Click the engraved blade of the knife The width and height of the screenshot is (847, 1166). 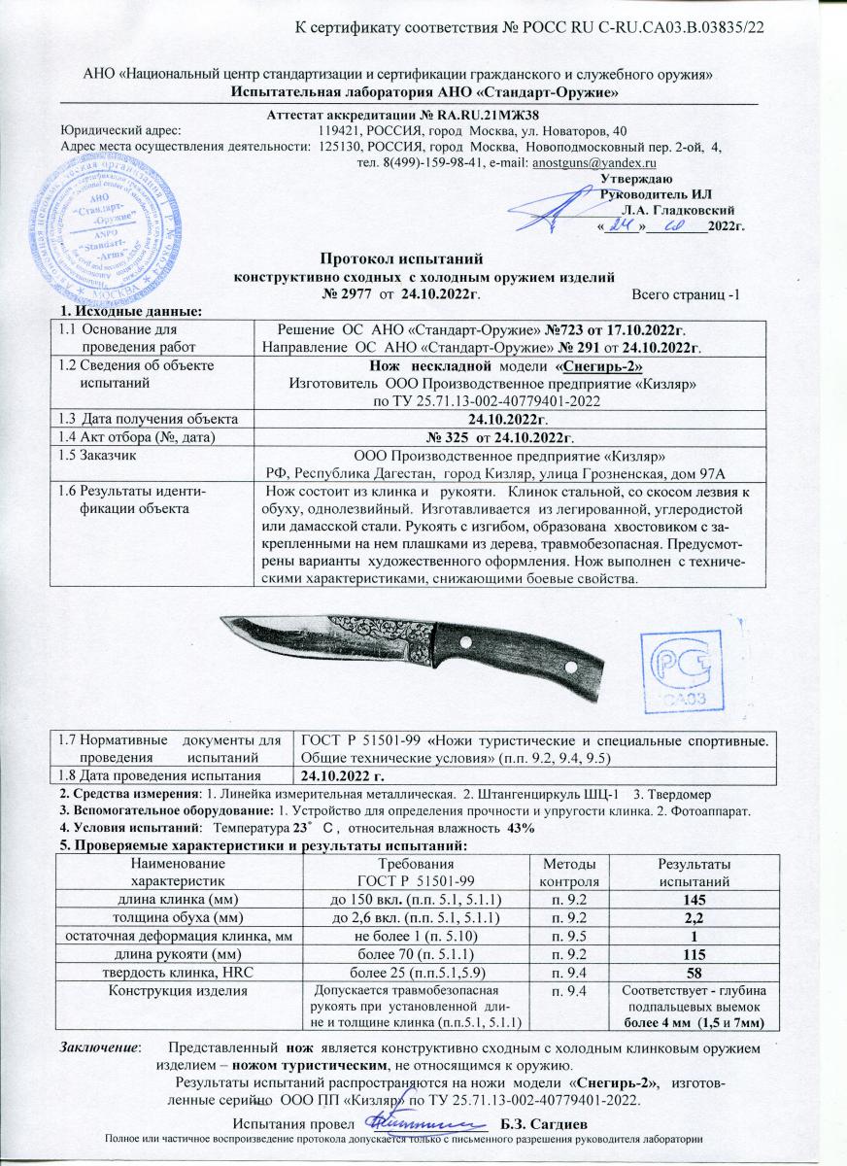click(x=340, y=642)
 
